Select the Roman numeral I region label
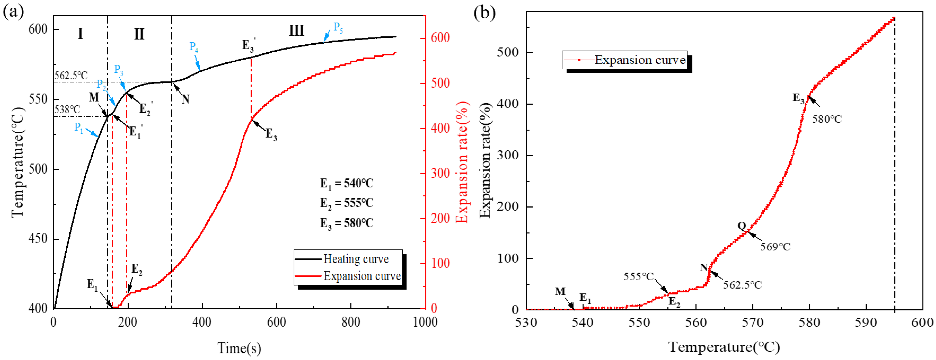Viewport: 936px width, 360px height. [x=80, y=34]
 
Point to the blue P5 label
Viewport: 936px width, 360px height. [x=338, y=27]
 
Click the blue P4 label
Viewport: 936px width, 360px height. [x=194, y=47]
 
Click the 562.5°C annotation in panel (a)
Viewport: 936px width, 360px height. [x=71, y=76]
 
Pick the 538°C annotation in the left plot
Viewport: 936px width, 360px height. [x=67, y=109]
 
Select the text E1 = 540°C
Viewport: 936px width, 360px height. [x=346, y=183]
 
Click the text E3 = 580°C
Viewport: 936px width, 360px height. [x=346, y=223]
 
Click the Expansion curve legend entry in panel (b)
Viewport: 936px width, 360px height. [x=640, y=60]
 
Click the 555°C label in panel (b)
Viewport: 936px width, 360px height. [x=638, y=276]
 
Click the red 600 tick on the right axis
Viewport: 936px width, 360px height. [x=440, y=38]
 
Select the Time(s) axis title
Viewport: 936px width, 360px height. [x=239, y=348]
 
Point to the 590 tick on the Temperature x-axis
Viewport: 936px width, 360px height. [x=866, y=322]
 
